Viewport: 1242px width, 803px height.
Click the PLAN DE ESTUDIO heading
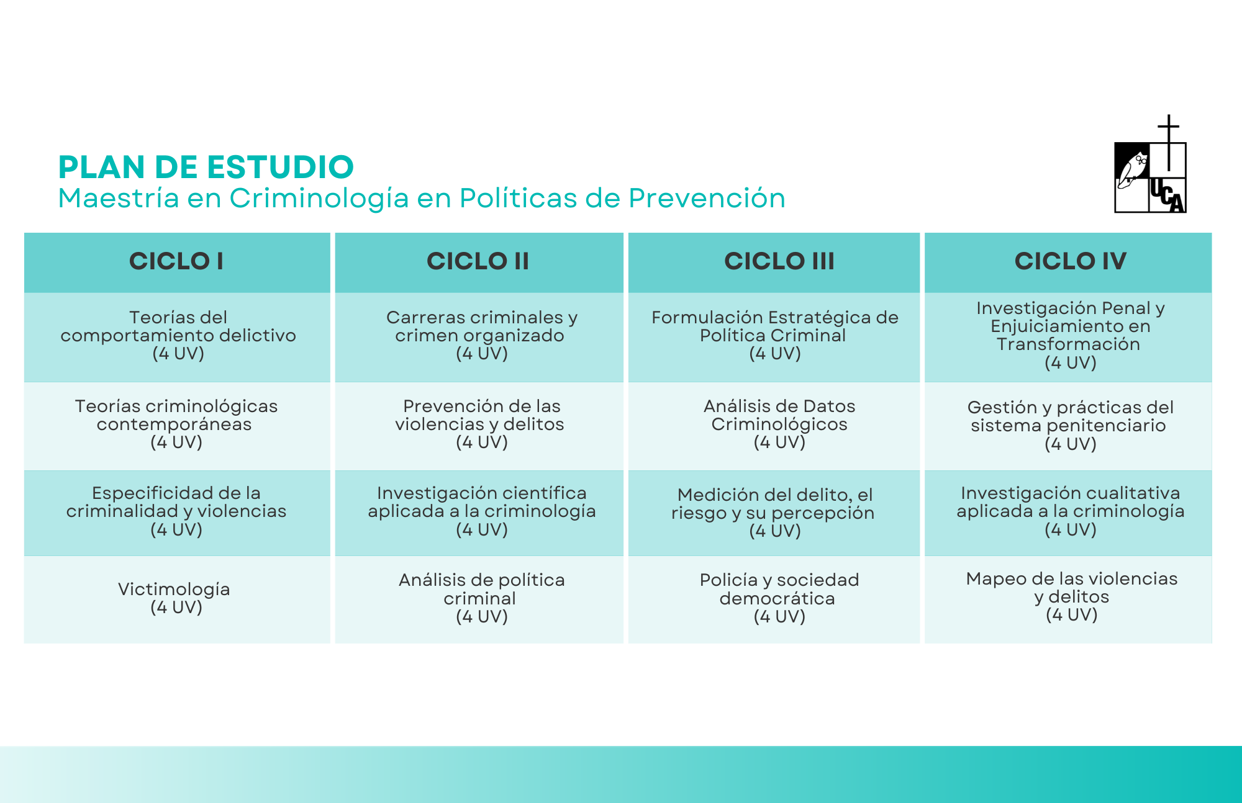(x=206, y=167)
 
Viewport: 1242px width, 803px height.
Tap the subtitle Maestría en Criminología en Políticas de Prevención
(x=422, y=199)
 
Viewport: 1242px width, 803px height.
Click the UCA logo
(x=1150, y=164)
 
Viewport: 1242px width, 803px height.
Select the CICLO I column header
(x=176, y=261)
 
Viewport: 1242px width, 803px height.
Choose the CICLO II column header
(x=478, y=261)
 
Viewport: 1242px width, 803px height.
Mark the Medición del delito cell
(x=774, y=513)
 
